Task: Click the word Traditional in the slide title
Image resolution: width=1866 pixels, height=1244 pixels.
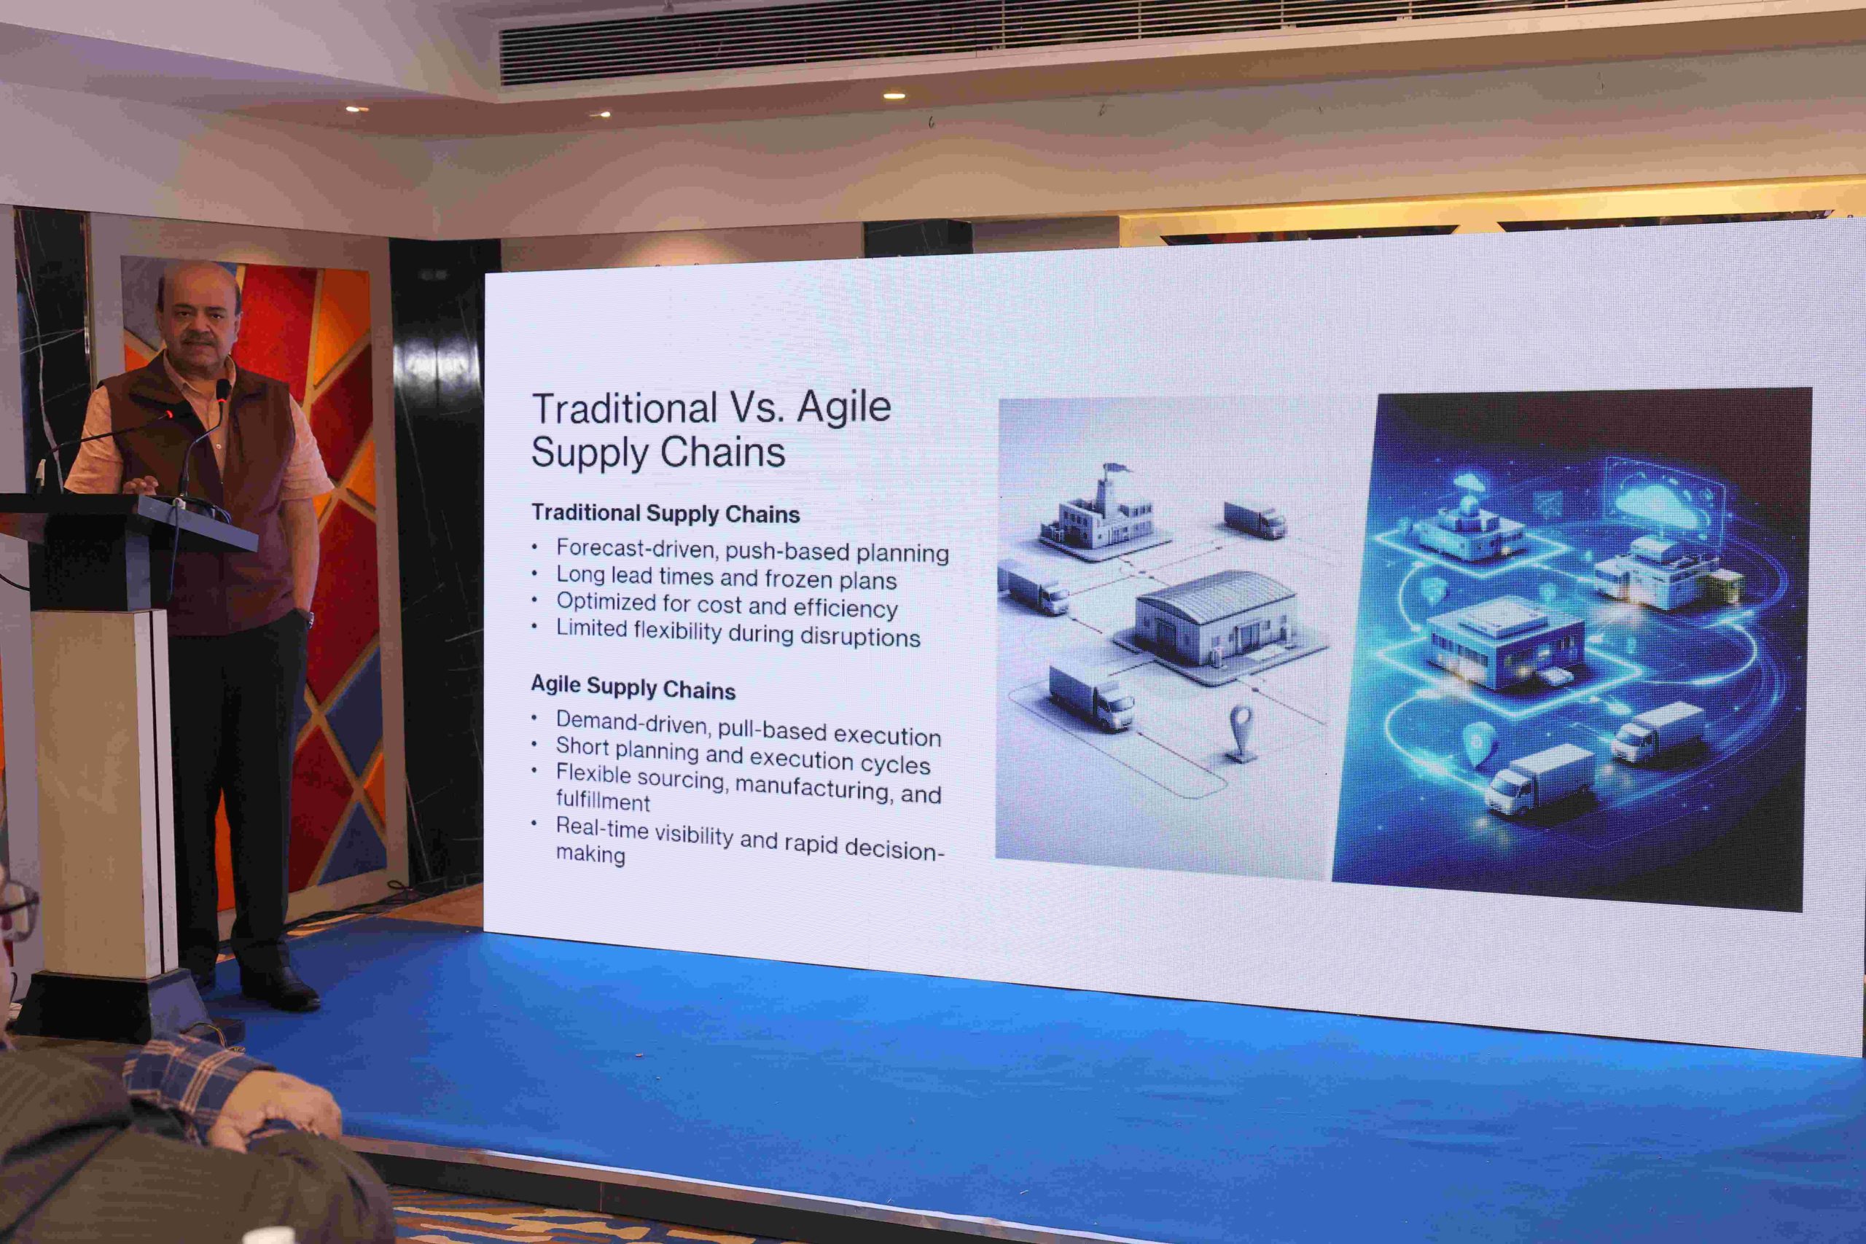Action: pos(625,409)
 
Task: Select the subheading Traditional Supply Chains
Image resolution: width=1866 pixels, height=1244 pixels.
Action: pos(665,513)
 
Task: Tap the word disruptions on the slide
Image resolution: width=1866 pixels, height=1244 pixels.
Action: pos(860,636)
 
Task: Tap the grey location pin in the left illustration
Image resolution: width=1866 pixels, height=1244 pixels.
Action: pos(1240,732)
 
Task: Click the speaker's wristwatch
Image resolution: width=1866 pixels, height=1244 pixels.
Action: pos(308,617)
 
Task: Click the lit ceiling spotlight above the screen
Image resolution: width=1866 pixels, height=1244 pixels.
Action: pos(894,96)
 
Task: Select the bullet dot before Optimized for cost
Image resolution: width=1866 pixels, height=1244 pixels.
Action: pos(535,600)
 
